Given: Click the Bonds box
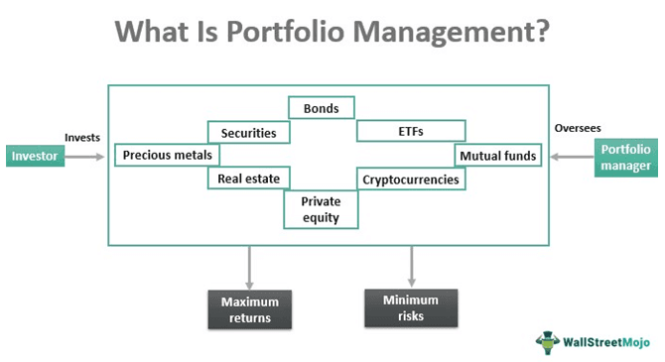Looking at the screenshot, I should click(322, 107).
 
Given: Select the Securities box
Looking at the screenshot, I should click(248, 132).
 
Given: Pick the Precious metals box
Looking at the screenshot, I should click(166, 156).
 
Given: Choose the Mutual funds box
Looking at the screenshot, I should click(497, 156).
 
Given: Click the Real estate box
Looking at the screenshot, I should click(248, 180).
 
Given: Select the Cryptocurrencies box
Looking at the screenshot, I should click(411, 180).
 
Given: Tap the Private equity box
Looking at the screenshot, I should click(322, 210).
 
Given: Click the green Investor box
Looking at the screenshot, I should click(36, 156).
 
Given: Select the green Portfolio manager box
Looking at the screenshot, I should click(625, 157).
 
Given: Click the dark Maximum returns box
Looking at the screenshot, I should click(249, 309).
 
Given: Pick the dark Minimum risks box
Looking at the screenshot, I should click(411, 307).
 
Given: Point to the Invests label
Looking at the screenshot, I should click(82, 137).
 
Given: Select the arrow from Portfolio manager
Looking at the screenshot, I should click(572, 157).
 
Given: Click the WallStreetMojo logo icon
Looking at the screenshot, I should click(547, 340).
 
